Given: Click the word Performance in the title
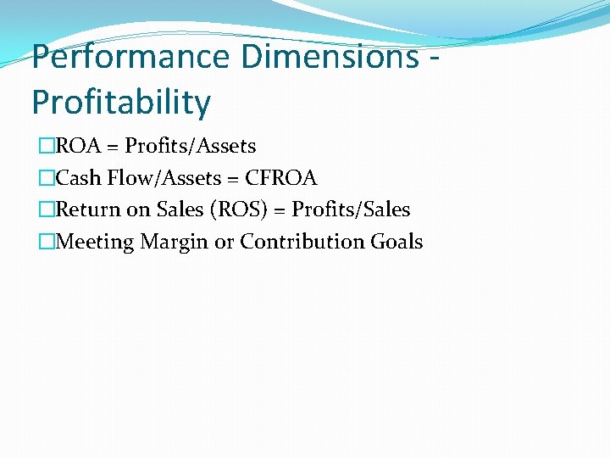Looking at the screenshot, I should coord(130,57).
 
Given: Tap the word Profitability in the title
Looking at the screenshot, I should coord(121,103).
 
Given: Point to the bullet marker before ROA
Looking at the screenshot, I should coord(46,147).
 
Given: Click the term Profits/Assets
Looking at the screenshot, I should coord(191,146).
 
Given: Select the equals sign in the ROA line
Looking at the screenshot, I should coord(113,147).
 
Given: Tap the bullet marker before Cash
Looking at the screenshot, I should coord(46,179).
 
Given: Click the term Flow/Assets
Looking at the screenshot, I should coord(161,178).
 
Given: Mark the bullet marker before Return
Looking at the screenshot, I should coord(46,210).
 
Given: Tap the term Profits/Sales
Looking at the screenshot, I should coord(351,209).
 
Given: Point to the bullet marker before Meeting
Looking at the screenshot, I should coord(46,243).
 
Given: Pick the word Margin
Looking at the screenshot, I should coord(174,243).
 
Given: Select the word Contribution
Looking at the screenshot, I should coord(302,242).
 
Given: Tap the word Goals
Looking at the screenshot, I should coord(397,242).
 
